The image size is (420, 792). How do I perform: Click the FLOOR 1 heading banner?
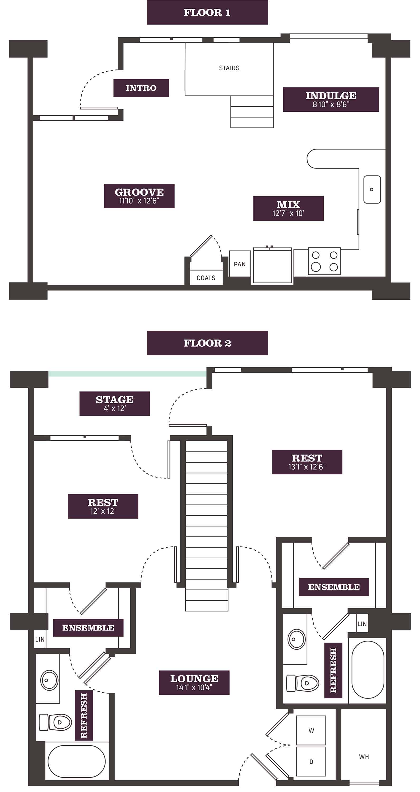207,12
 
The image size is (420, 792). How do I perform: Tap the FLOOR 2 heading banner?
207,343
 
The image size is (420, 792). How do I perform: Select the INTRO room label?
141,88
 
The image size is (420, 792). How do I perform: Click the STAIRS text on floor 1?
229,68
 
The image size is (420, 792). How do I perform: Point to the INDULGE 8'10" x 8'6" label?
331,100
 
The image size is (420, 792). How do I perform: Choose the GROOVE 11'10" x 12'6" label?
139,196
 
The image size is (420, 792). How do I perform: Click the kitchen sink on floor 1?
372,189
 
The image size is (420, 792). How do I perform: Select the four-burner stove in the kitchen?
324,261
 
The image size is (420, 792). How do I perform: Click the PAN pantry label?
240,264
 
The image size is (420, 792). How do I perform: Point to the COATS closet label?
206,278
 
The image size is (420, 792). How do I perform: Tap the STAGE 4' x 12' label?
114,404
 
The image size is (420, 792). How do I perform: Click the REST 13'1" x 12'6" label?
307,462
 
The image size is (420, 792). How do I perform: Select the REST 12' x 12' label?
103,506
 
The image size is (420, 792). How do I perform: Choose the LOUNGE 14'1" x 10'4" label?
194,682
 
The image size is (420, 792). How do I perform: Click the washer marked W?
311,730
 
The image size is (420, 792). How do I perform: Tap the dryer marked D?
311,761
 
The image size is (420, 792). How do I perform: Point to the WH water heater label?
364,757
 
